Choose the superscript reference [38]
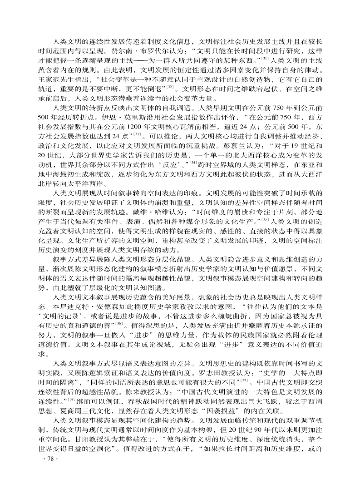[59, 402]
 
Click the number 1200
[128, 126]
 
